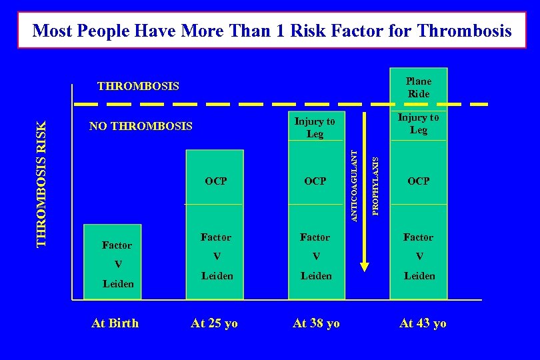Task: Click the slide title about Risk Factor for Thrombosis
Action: coord(271,30)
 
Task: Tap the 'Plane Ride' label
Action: coord(419,87)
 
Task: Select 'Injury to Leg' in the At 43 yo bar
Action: coord(419,123)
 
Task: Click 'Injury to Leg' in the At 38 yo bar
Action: coord(315,127)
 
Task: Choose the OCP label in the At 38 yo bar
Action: coord(315,181)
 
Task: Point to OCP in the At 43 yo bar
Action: coord(419,181)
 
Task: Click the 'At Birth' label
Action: coord(115,323)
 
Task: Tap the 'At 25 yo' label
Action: coord(214,323)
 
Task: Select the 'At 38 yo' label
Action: coord(316,323)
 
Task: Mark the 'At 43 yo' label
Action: coord(423,323)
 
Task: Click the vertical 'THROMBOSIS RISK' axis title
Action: coord(42,183)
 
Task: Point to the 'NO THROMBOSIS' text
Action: coord(141,126)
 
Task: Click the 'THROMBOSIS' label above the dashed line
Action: coord(138,86)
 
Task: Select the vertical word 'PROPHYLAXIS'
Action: coord(375,186)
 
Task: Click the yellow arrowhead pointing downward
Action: coord(364,267)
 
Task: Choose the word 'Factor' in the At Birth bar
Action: coord(117,245)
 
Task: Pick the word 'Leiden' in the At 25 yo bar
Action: coord(217,275)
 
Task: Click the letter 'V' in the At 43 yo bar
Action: coord(419,256)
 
